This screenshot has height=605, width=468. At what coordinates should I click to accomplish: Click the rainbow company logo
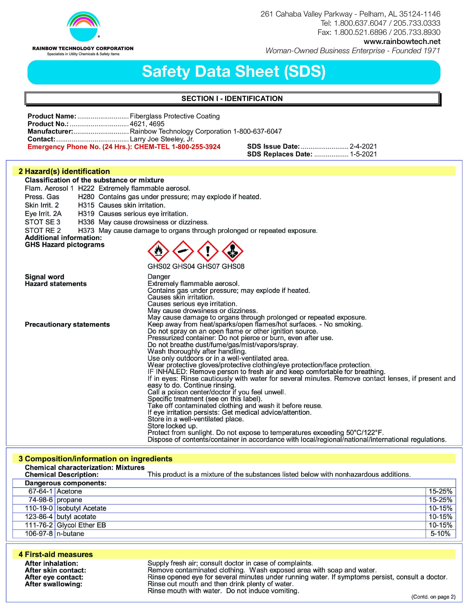83,26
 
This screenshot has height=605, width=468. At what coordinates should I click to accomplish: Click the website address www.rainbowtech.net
402,42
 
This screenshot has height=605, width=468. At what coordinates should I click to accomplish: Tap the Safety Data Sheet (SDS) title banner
234,72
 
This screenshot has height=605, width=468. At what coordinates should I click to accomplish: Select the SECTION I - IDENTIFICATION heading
232,99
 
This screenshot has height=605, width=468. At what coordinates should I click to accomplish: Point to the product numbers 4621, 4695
147,124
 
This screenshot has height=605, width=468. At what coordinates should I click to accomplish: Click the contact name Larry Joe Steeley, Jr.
162,139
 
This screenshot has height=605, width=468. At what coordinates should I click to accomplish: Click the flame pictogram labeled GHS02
158,251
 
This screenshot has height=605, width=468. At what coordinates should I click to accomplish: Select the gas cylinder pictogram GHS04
183,251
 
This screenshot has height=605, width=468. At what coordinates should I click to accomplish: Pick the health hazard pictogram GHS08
233,251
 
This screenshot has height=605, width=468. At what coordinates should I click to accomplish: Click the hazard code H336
86,222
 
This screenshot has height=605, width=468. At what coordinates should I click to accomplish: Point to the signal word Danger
159,277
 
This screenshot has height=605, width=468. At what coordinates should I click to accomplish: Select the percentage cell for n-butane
440,533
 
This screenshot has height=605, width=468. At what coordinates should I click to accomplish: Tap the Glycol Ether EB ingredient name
81,525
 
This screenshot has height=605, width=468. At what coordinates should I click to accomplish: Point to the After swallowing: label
54,584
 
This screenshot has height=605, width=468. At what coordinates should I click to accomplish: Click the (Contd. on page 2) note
433,597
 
